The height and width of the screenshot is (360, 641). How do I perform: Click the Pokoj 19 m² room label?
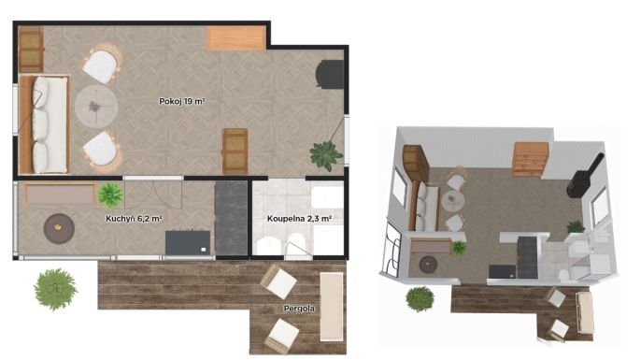(x=182, y=101)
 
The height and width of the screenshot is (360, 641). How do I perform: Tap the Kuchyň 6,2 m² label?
(x=134, y=219)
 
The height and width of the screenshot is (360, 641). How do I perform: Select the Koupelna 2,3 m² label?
(x=299, y=219)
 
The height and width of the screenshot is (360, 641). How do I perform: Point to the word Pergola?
(x=299, y=309)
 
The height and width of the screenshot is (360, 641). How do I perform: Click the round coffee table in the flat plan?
(x=96, y=106)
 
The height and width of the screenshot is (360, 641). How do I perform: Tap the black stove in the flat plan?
(x=330, y=75)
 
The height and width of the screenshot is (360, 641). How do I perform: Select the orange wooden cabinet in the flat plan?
(x=235, y=37)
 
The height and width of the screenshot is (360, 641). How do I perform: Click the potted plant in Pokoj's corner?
(x=326, y=155)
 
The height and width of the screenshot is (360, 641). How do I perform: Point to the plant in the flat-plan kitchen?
(x=110, y=195)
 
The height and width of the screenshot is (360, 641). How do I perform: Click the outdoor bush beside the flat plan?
(x=56, y=289)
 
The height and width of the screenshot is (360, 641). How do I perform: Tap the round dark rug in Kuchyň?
(x=59, y=229)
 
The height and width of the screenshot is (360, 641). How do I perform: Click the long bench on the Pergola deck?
(x=332, y=306)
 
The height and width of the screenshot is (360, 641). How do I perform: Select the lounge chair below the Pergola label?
(x=282, y=335)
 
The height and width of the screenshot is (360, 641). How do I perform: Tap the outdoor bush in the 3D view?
(x=420, y=299)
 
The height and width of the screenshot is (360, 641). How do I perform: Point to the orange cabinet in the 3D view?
(x=531, y=159)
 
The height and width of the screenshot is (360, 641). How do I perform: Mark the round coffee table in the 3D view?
(x=452, y=201)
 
